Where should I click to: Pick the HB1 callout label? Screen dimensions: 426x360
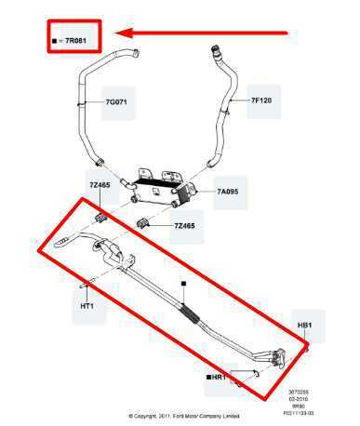305,326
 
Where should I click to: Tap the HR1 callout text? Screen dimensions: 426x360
219,379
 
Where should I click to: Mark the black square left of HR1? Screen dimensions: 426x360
207,379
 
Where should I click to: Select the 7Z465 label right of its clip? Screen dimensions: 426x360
185,226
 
